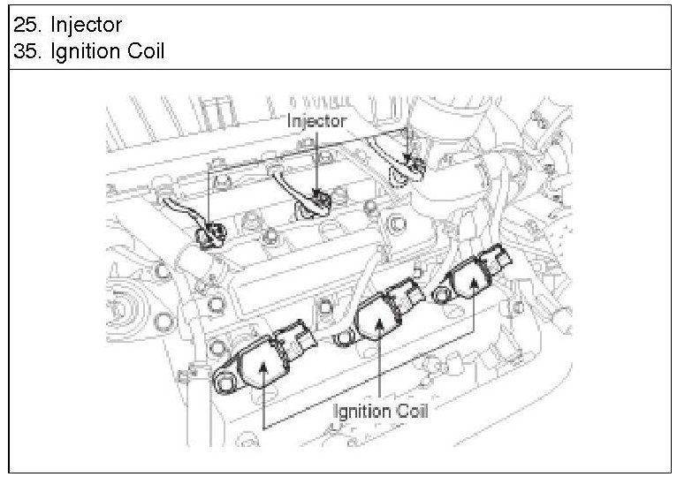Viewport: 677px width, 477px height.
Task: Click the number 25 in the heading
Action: click(x=25, y=24)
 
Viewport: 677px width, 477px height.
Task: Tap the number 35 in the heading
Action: click(x=25, y=51)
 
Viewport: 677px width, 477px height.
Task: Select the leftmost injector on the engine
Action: click(x=209, y=234)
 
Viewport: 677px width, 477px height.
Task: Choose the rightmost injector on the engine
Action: click(x=408, y=163)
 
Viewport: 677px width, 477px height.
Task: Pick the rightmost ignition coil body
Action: click(x=472, y=281)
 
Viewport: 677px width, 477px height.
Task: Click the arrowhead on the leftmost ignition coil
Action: click(x=264, y=364)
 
